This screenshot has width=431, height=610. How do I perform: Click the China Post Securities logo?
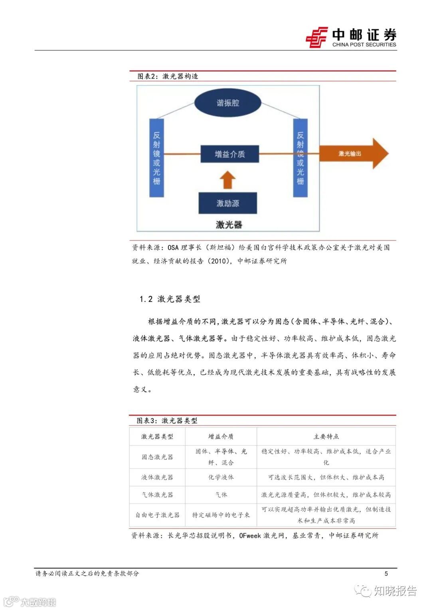[351, 38]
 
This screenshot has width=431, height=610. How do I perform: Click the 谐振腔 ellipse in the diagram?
[228, 103]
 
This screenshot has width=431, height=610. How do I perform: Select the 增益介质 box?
[229, 154]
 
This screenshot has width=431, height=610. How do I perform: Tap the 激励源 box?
[228, 203]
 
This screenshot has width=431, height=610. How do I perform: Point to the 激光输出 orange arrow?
[353, 154]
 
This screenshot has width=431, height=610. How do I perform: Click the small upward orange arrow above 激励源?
[227, 180]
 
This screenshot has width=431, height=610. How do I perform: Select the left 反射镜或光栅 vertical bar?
[156, 158]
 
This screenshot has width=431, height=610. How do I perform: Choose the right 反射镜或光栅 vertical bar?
[300, 158]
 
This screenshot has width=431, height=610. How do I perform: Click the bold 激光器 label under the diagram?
[229, 225]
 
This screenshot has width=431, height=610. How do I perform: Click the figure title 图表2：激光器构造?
[168, 76]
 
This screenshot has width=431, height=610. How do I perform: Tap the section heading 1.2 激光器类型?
[170, 299]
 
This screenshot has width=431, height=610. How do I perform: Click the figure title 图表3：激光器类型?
[167, 421]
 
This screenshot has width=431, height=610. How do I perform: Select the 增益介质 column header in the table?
[221, 437]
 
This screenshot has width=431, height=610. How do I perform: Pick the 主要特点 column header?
[326, 437]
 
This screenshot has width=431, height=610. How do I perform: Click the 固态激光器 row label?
[157, 457]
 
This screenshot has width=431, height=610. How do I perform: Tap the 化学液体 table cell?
[221, 477]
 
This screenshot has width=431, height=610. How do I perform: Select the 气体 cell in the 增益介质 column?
[221, 495]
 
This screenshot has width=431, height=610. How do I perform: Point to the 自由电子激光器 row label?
[157, 515]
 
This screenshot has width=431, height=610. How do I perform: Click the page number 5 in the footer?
[386, 574]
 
